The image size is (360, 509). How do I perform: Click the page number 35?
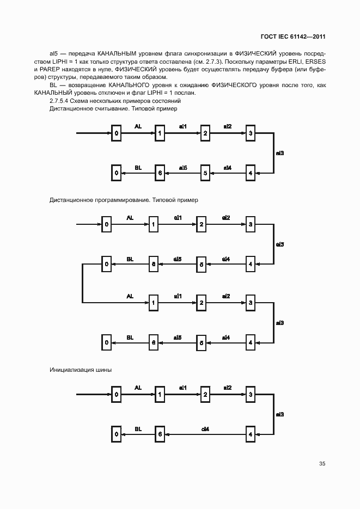coord(322,464)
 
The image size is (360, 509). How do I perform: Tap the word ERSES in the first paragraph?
coord(315,62)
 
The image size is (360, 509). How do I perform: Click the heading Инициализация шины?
coord(81,370)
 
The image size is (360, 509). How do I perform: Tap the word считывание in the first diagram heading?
coord(109,109)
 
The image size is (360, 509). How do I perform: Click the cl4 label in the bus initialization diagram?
coord(205,429)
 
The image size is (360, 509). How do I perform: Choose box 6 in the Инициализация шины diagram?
coord(160,434)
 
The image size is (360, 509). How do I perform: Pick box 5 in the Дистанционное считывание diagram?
coord(205,173)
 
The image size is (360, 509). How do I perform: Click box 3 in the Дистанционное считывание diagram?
coord(250,133)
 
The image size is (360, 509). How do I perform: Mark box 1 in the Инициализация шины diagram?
coord(160,394)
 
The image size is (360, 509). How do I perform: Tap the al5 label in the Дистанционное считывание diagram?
coord(183,168)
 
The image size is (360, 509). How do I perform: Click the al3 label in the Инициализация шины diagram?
coord(279,414)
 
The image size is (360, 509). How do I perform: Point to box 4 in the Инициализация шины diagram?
coord(250,434)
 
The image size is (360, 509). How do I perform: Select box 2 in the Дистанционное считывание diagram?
coord(205,133)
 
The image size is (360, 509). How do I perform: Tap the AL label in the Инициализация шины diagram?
coord(138,388)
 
